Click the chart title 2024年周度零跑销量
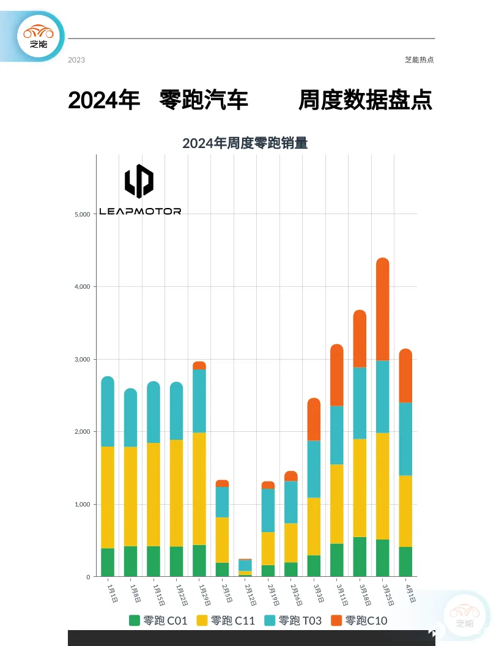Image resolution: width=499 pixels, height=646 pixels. click(x=245, y=144)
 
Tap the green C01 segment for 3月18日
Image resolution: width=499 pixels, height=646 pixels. click(x=360, y=557)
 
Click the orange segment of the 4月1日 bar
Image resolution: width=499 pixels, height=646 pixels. click(x=405, y=376)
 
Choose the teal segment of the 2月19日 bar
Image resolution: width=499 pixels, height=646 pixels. click(x=268, y=510)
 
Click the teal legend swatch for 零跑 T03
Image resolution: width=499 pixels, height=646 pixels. click(x=270, y=620)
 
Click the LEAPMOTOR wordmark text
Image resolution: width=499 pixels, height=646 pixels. click(x=140, y=211)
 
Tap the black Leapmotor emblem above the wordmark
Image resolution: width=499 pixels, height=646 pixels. click(x=139, y=181)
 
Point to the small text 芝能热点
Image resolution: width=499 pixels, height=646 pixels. click(x=419, y=60)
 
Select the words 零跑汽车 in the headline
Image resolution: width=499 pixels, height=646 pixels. click(x=204, y=100)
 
